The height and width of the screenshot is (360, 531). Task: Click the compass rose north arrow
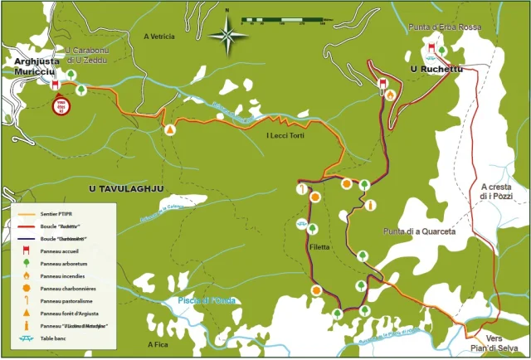click(x=227, y=34)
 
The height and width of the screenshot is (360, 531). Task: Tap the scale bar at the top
click(x=286, y=19)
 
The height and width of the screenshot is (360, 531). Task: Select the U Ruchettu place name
click(x=436, y=70)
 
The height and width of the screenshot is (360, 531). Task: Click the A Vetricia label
click(x=160, y=36)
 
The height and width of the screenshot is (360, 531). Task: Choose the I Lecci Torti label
click(x=286, y=136)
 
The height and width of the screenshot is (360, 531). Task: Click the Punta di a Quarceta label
click(x=419, y=232)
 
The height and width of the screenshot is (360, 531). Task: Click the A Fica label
click(x=158, y=344)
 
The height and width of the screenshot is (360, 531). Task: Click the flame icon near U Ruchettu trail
click(x=390, y=95)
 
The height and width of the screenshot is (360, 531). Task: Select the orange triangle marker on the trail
click(x=170, y=129)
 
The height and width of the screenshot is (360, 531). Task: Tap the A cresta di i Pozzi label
click(x=500, y=192)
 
